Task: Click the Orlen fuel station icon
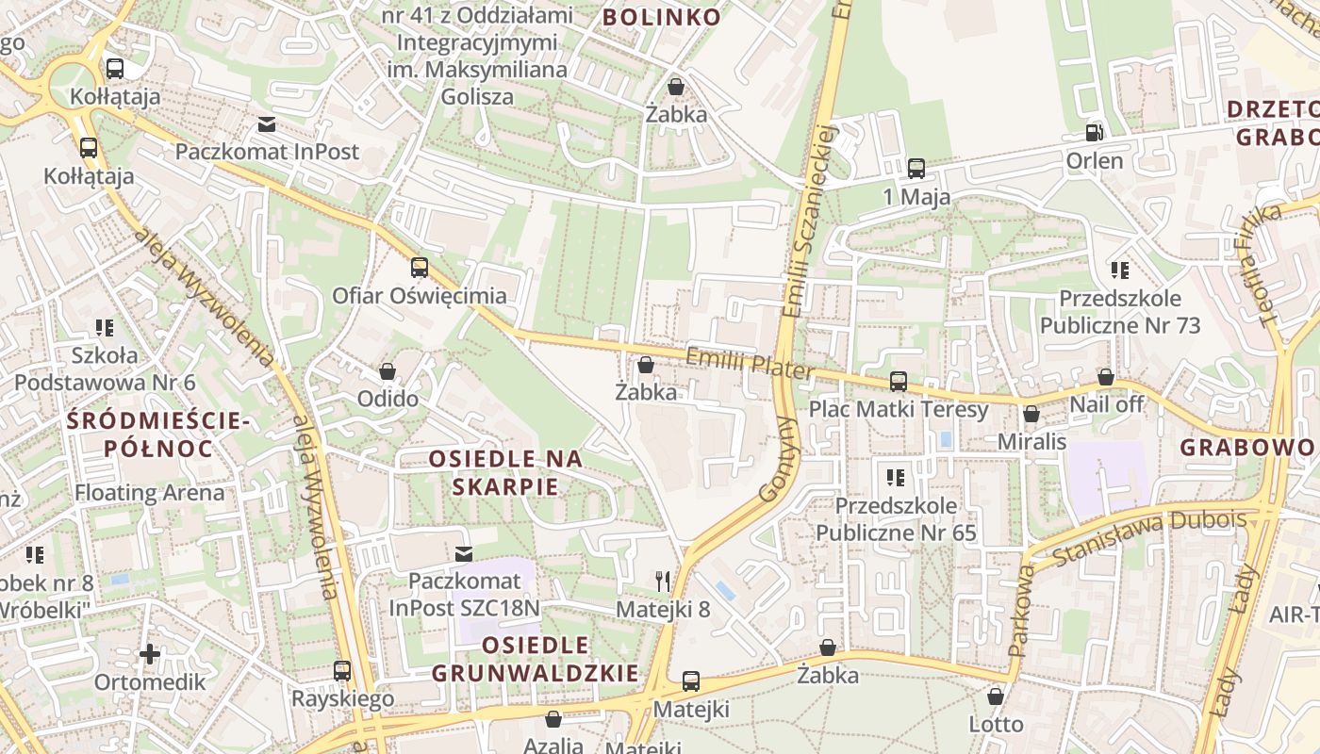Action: pyautogui.click(x=1094, y=133)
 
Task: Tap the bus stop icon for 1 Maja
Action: pyautogui.click(x=916, y=169)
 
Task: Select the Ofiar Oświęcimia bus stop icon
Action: pyautogui.click(x=420, y=268)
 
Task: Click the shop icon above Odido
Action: pyautogui.click(x=388, y=371)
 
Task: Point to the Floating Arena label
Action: pyautogui.click(x=150, y=492)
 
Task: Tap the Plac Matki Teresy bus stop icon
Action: pyautogui.click(x=899, y=382)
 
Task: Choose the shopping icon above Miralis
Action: pyautogui.click(x=1031, y=414)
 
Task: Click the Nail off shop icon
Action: pyautogui.click(x=1106, y=377)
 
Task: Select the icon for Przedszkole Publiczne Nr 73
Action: pyautogui.click(x=1120, y=270)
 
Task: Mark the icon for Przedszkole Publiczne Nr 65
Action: pyautogui.click(x=896, y=477)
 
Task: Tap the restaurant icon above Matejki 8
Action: pyautogui.click(x=663, y=581)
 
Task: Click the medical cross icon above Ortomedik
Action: pyautogui.click(x=150, y=653)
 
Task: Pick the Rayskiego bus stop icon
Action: pyautogui.click(x=342, y=671)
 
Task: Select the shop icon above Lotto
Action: pyautogui.click(x=996, y=697)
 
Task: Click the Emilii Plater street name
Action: pyautogui.click(x=749, y=364)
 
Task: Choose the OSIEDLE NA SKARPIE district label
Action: pyautogui.click(x=505, y=473)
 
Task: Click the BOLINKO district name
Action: pyautogui.click(x=661, y=17)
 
